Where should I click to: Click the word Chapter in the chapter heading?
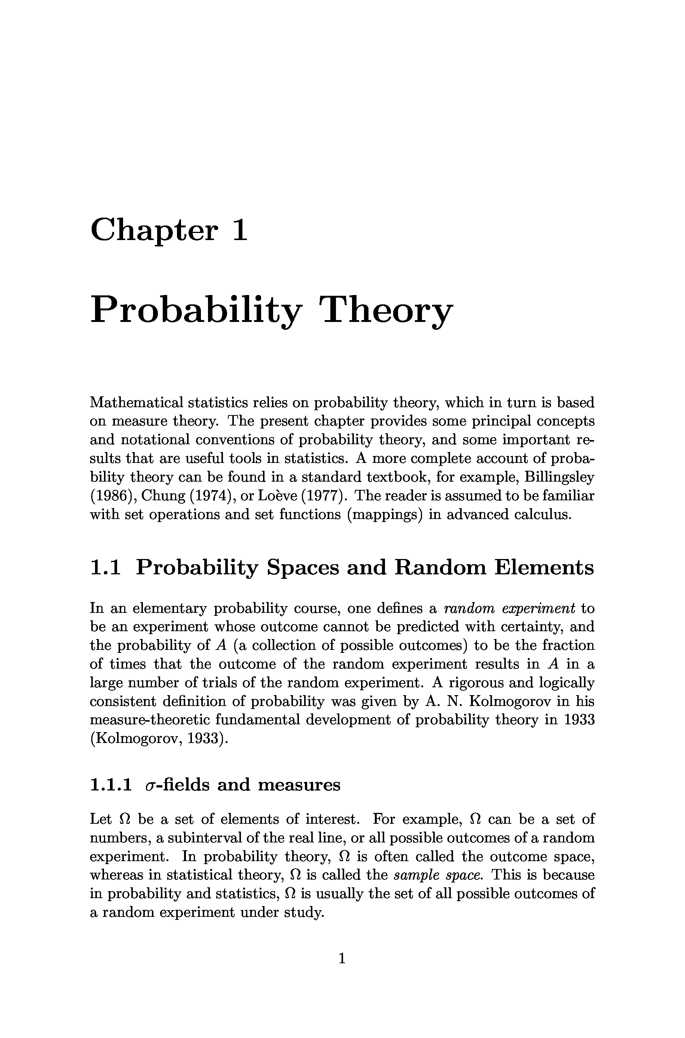point(153,230)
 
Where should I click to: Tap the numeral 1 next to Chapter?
point(240,230)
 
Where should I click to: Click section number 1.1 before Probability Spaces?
point(105,568)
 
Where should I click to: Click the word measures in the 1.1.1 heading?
point(299,785)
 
